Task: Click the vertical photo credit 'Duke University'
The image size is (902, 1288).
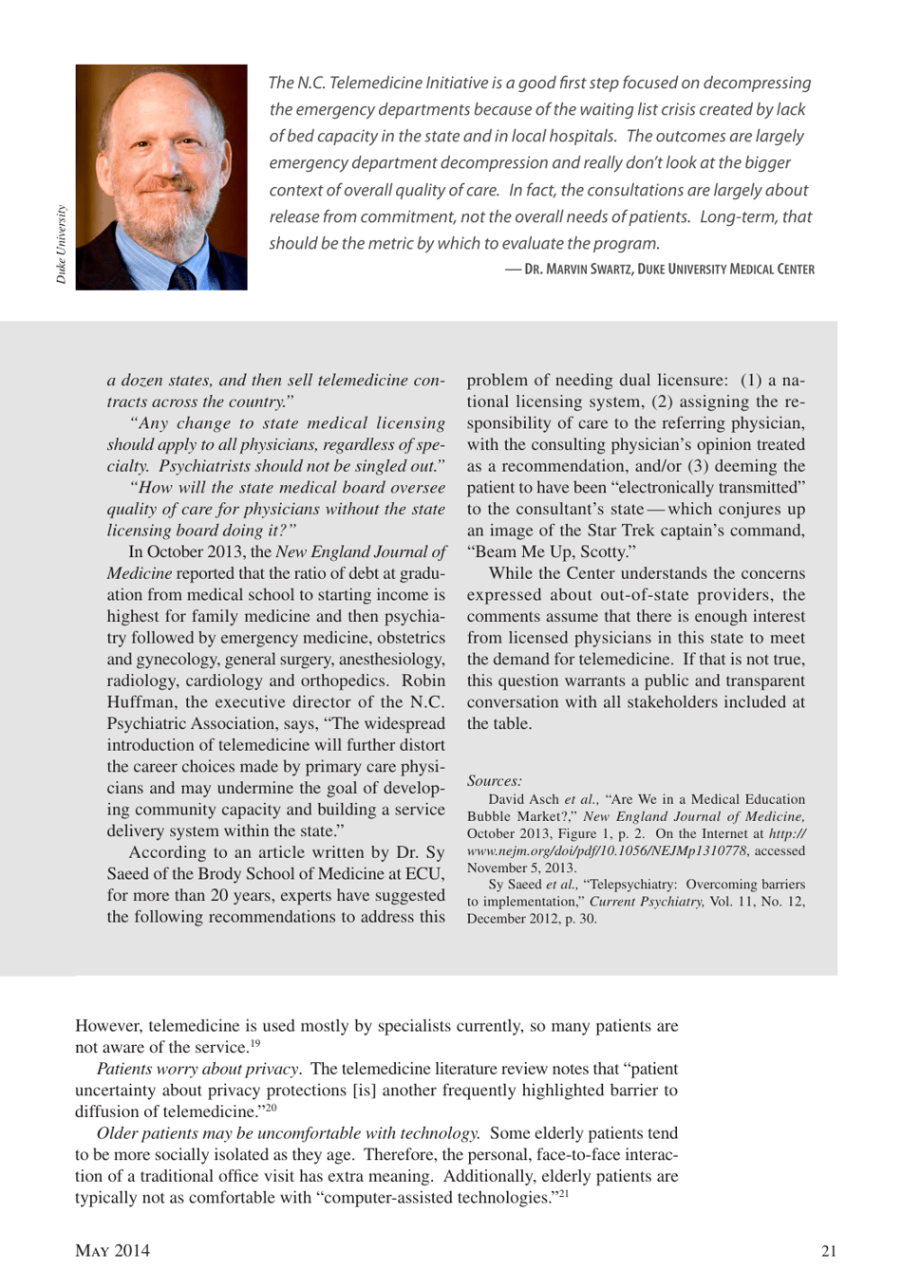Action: pos(62,244)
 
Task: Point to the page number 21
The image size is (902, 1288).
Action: pos(829,1251)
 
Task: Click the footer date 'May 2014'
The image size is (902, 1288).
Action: pos(112,1251)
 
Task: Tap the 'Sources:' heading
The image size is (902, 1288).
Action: pos(494,781)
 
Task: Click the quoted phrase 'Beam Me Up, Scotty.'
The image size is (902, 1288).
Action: pos(551,551)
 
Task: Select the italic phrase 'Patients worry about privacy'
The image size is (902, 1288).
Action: pos(197,1069)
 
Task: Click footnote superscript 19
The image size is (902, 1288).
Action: pos(255,1044)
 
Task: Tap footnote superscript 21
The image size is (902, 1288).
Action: pos(563,1194)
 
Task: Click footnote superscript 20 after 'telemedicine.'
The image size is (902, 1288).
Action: pos(271,1108)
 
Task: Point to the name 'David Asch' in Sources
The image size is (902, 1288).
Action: pos(524,799)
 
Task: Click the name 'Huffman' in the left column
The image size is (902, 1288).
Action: pos(141,702)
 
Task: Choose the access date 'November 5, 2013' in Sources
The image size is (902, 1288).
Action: pos(521,868)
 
